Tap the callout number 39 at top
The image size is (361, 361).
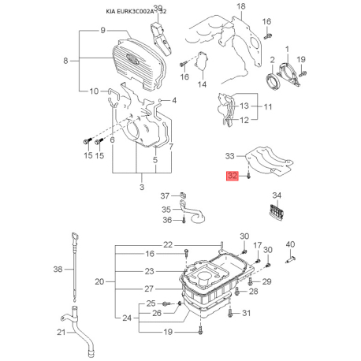[x=157, y=9]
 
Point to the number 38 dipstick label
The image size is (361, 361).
[x=56, y=269]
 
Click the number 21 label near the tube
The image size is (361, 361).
[x=61, y=332]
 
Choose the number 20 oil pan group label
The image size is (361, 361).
[x=99, y=281]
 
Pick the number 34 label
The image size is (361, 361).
[x=276, y=195]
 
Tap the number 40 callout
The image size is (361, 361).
[x=290, y=244]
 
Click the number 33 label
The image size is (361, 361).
[x=230, y=156]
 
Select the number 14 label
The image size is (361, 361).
[x=201, y=84]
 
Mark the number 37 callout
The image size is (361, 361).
[x=166, y=195]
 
